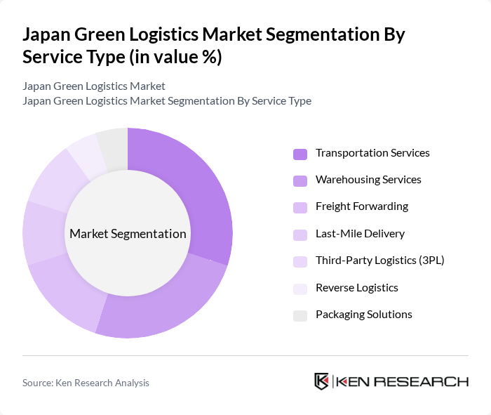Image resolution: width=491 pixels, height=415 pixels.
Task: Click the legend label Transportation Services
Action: [x=372, y=153]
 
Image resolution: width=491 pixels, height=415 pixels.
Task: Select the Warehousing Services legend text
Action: [x=368, y=180]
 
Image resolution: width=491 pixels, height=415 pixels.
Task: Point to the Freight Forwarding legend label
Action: [x=361, y=206]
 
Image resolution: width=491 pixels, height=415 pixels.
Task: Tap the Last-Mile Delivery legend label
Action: [x=360, y=234]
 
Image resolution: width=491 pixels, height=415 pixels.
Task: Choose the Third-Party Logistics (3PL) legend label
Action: [x=379, y=261]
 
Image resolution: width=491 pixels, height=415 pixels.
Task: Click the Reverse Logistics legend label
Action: [x=356, y=288]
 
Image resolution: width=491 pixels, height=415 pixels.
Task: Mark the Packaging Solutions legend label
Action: [x=363, y=315]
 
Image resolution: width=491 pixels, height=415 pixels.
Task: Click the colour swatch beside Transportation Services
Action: [x=300, y=154]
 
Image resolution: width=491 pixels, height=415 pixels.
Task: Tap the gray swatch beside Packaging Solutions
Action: [x=300, y=315]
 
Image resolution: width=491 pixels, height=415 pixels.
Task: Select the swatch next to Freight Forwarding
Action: [x=300, y=207]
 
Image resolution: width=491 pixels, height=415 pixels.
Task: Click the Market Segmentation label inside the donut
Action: [x=128, y=234]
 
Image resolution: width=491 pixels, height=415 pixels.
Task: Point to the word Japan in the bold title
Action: [x=48, y=35]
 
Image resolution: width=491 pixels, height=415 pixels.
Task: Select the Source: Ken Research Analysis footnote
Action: [x=86, y=383]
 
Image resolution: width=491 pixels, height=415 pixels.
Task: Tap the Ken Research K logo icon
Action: [x=321, y=381]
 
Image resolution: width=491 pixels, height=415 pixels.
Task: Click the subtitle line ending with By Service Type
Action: [x=167, y=101]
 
